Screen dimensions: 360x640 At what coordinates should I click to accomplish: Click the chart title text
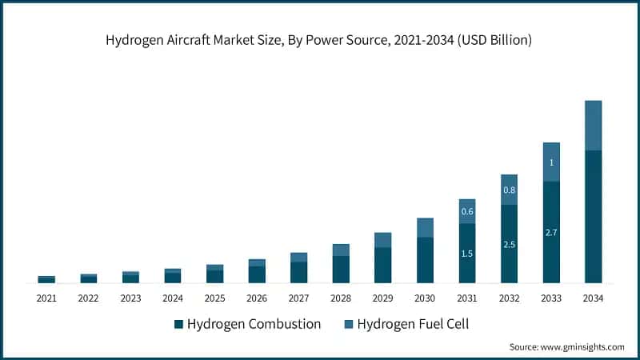click(320, 39)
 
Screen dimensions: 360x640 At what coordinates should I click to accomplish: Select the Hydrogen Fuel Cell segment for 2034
click(593, 126)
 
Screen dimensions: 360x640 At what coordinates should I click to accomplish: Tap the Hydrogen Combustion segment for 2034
click(593, 216)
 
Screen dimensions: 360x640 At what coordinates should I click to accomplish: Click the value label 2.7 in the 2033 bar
click(550, 232)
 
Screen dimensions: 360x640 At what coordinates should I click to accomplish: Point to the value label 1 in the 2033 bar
click(550, 162)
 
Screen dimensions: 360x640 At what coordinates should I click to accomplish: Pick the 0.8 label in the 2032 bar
click(509, 190)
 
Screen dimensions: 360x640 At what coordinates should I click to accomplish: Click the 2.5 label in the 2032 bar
click(509, 244)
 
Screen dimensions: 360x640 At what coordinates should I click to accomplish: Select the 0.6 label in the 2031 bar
click(467, 211)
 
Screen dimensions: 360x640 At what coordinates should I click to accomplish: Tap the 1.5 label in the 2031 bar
click(467, 254)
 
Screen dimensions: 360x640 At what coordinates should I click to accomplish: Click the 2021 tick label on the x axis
click(46, 298)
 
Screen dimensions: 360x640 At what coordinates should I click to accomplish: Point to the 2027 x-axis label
click(298, 298)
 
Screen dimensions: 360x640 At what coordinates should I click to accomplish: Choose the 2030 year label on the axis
click(425, 298)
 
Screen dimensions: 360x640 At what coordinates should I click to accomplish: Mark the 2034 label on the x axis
click(593, 298)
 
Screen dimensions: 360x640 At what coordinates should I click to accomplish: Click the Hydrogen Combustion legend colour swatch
click(178, 324)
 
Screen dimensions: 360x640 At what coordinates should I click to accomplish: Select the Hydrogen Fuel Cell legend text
click(412, 324)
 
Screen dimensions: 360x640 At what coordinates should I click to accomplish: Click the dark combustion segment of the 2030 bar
click(425, 260)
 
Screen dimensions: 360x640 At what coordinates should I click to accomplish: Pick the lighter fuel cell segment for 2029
click(383, 240)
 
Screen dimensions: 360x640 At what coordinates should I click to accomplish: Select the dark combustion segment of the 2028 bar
click(341, 270)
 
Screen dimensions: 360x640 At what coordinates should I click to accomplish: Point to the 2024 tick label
click(173, 298)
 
